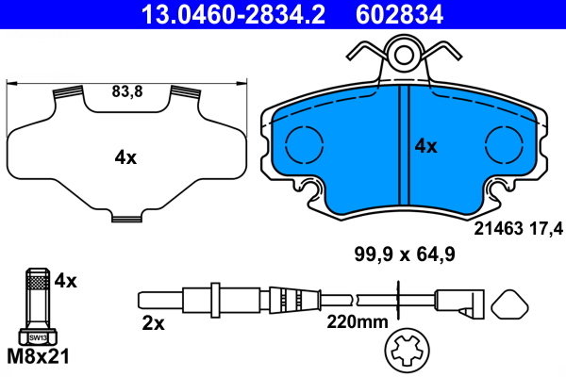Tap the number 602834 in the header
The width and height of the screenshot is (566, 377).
pyautogui.click(x=397, y=14)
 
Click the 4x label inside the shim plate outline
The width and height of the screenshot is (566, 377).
pyautogui.click(x=125, y=157)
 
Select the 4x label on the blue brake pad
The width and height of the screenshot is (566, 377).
pyautogui.click(x=426, y=146)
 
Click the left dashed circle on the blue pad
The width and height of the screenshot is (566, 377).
pyautogui.click(x=304, y=144)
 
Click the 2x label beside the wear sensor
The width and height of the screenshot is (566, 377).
pyautogui.click(x=152, y=323)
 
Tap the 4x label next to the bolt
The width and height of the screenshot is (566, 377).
pyautogui.click(x=65, y=280)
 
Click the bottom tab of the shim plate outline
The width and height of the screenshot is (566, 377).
pyautogui.click(x=125, y=219)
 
